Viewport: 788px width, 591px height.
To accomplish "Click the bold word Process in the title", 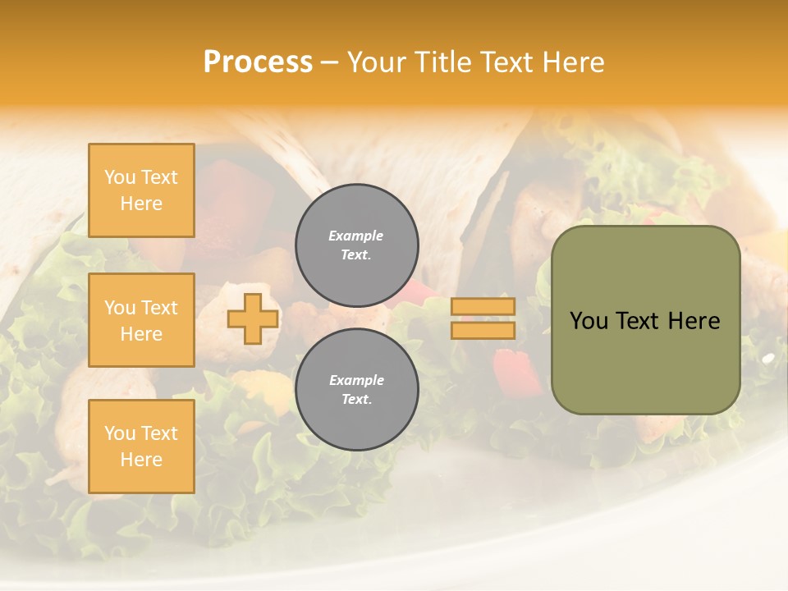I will tap(258, 62).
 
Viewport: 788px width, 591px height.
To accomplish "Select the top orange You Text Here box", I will tap(141, 190).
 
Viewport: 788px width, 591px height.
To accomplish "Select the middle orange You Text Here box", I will tap(141, 320).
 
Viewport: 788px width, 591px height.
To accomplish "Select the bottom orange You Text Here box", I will tap(141, 447).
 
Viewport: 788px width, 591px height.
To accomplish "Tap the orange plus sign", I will tap(253, 318).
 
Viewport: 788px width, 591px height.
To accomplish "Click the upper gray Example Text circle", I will tap(357, 245).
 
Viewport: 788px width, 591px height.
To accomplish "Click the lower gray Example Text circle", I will tap(357, 390).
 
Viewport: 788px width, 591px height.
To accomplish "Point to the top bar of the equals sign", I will tap(483, 307).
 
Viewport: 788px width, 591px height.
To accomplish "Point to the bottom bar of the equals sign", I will tap(483, 331).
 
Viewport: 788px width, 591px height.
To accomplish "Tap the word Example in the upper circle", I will tap(356, 236).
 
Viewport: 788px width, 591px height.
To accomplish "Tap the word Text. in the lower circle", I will tap(356, 400).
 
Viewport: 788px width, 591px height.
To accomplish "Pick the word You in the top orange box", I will tap(120, 177).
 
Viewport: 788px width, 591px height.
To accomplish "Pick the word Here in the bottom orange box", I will tap(141, 460).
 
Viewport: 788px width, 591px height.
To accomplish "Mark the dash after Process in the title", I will tap(329, 62).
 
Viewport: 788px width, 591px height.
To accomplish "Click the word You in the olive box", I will tap(589, 321).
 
